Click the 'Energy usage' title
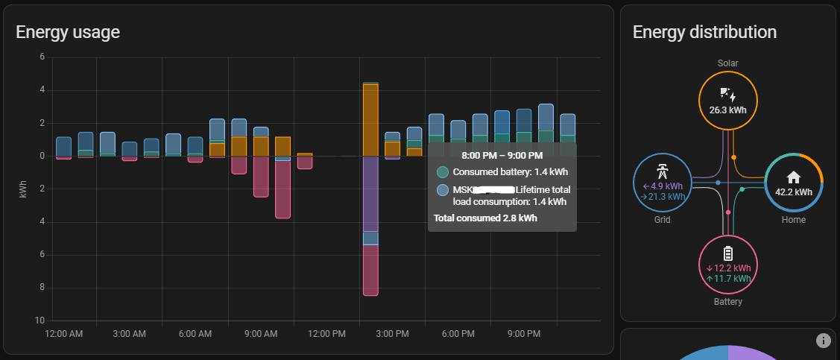click(x=68, y=32)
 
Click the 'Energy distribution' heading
click(x=704, y=32)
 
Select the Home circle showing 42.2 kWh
click(x=794, y=183)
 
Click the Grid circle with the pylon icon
click(x=662, y=183)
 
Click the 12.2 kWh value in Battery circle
click(x=731, y=268)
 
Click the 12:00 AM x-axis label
click(x=64, y=333)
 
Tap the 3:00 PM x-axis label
click(x=393, y=333)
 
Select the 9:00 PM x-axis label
click(x=524, y=333)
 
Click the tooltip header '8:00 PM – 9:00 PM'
click(x=502, y=156)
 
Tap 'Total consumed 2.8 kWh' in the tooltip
click(x=485, y=218)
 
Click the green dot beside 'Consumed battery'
click(x=443, y=172)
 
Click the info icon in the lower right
click(x=823, y=341)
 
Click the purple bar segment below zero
click(x=370, y=194)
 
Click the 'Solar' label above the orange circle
click(x=727, y=63)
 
